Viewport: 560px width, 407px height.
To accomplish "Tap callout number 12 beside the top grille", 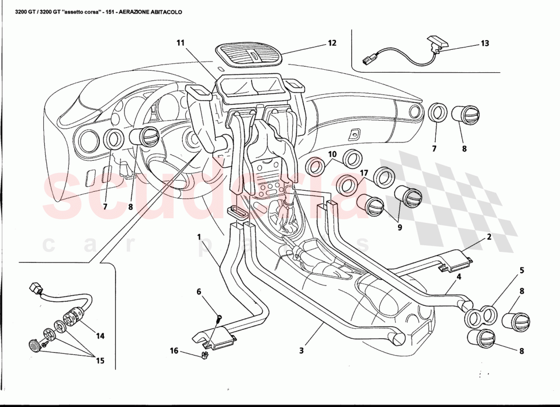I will pos(332,43).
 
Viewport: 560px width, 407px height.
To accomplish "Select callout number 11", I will pos(180,43).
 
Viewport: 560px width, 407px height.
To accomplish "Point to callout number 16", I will pos(174,351).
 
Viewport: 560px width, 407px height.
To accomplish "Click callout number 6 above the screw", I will pos(199,292).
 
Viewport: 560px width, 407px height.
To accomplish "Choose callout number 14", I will pos(100,336).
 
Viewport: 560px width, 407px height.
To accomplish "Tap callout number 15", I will pos(99,361).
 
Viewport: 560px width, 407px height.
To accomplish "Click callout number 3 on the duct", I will pos(301,350).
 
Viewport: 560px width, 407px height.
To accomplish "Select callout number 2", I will pos(488,237).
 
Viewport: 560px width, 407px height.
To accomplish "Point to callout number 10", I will pos(332,154).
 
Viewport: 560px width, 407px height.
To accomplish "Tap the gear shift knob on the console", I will pos(289,193).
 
